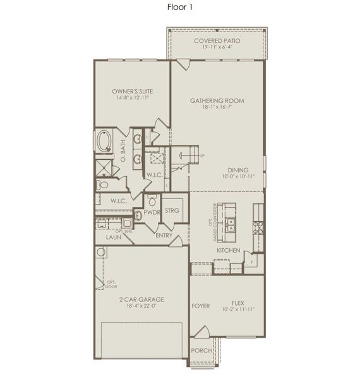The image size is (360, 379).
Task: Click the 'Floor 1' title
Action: [179, 8]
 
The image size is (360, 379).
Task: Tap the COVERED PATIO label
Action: [217, 40]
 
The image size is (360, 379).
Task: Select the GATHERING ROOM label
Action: [217, 100]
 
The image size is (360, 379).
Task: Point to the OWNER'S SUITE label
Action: [132, 91]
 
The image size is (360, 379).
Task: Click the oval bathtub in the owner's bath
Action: [103, 141]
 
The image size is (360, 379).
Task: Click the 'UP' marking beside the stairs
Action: [201, 156]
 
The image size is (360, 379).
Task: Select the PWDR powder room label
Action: [152, 213]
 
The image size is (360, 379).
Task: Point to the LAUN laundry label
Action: [114, 238]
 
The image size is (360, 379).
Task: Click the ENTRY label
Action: [164, 236]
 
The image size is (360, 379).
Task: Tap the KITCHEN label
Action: [228, 251]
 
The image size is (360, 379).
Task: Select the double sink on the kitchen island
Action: [231, 222]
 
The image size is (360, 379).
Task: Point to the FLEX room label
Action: [237, 303]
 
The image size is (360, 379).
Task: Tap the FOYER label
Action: [200, 306]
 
